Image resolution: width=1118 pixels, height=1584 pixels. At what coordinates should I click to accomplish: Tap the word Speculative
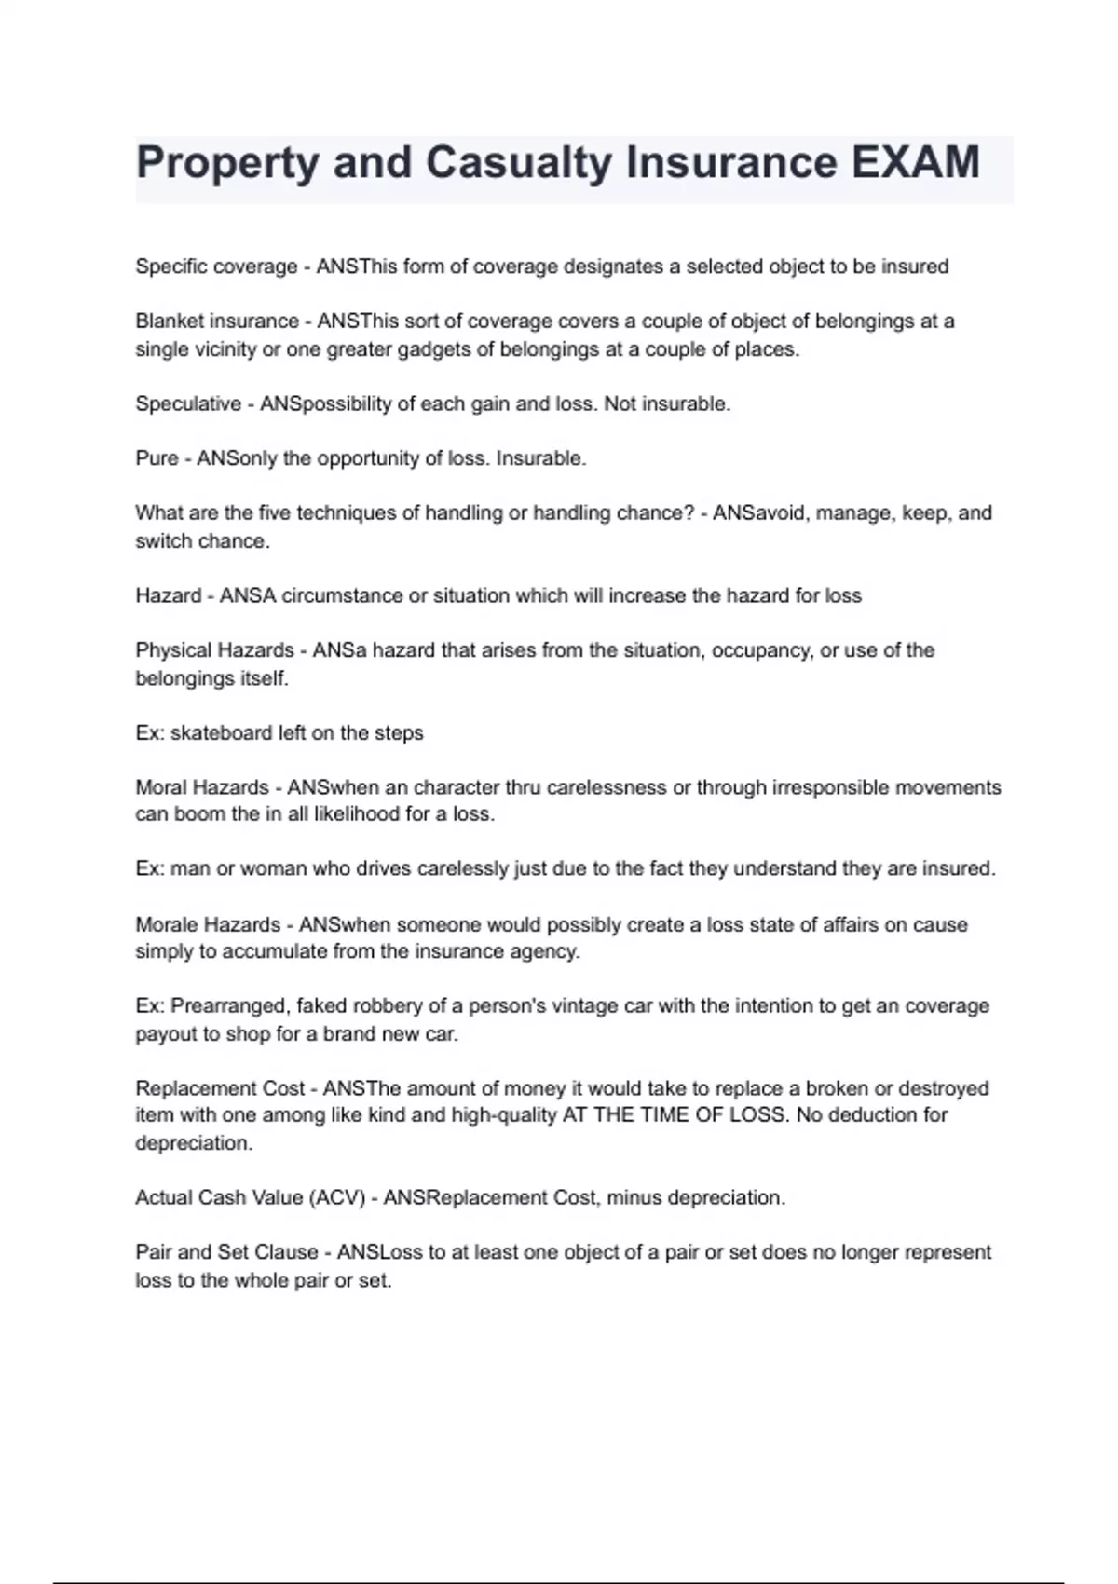tap(188, 404)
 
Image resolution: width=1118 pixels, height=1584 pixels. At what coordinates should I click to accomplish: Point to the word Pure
tap(157, 458)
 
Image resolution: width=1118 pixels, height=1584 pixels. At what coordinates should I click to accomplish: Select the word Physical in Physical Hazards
tap(174, 650)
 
